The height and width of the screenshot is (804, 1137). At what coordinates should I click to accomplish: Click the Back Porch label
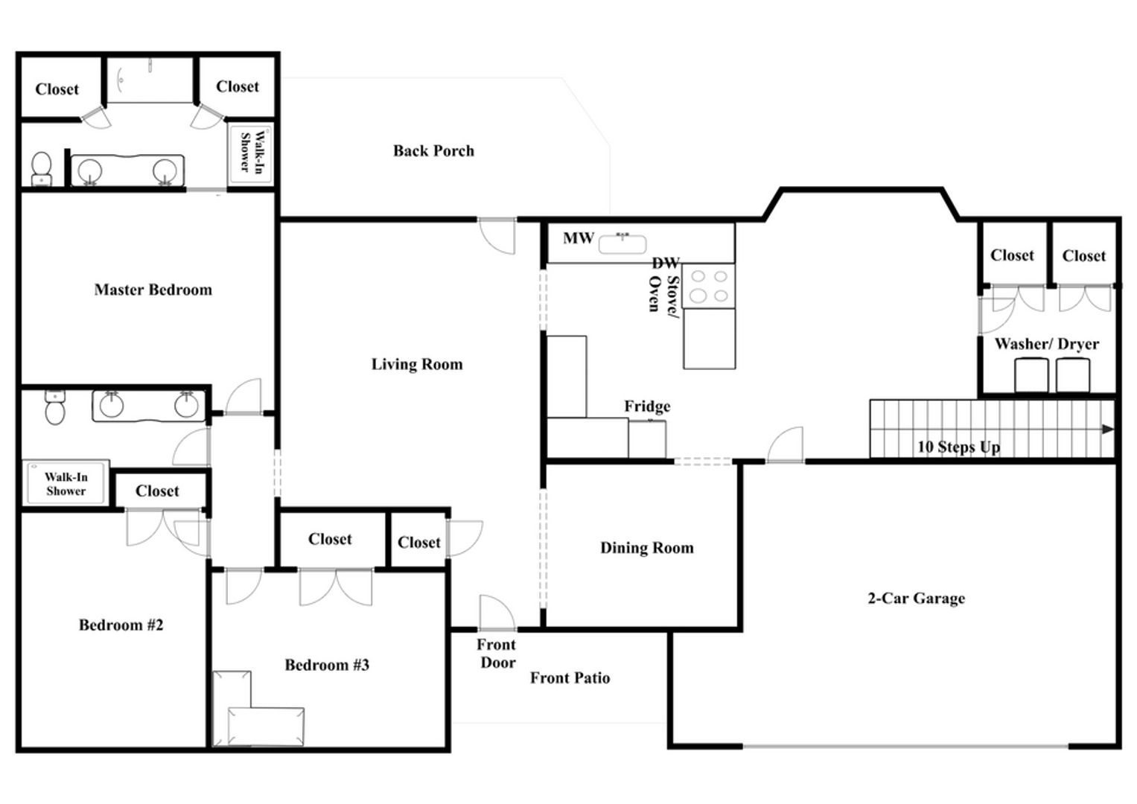tap(433, 150)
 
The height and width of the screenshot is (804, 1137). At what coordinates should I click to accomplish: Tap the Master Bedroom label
tap(153, 290)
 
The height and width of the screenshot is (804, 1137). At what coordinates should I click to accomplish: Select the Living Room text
tap(417, 365)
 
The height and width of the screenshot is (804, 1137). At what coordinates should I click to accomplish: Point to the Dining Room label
tap(647, 548)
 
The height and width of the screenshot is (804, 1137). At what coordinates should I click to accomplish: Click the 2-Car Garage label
tap(917, 599)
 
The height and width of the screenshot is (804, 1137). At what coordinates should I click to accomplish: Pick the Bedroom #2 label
tap(121, 625)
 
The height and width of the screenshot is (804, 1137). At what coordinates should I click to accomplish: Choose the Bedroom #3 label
tap(328, 665)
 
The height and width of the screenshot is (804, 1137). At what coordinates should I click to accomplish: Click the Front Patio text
tap(570, 678)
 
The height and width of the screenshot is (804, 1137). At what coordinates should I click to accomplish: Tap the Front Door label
tap(497, 654)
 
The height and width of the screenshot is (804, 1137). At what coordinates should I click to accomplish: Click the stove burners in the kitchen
tap(709, 286)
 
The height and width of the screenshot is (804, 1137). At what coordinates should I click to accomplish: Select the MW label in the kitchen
tap(579, 238)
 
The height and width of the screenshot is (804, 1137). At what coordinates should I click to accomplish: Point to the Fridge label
tap(647, 406)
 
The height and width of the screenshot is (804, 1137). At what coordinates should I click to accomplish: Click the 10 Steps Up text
tap(959, 447)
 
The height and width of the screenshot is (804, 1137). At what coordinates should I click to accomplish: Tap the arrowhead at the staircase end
tap(1108, 430)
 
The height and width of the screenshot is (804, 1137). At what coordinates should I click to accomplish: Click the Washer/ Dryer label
tap(1047, 344)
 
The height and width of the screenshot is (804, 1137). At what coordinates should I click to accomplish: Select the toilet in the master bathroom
tap(42, 169)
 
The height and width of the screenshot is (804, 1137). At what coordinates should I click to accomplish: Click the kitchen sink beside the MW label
tap(622, 243)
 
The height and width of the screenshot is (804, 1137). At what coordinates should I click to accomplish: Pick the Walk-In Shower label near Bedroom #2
tap(66, 484)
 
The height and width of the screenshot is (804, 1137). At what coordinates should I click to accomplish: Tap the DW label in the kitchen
tap(666, 263)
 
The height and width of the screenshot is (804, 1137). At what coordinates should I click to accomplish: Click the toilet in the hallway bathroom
tap(55, 408)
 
